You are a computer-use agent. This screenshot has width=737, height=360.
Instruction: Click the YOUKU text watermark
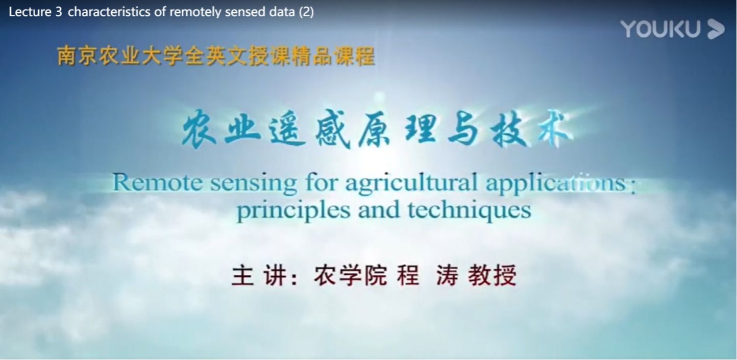pos(660,29)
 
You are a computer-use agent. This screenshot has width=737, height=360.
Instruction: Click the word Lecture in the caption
pos(30,12)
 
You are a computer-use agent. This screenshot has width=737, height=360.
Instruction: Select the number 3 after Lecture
pos(59,12)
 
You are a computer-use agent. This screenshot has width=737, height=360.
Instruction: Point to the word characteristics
pos(109,12)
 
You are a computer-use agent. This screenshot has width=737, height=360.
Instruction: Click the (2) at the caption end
pos(306,12)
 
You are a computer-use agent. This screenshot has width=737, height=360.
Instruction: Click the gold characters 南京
pos(77,56)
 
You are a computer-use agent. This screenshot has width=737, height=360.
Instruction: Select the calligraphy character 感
pos(333,129)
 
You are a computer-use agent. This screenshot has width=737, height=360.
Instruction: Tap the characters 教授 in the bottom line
pos(492,275)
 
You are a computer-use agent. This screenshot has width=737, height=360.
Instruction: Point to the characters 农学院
pos(350,275)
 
